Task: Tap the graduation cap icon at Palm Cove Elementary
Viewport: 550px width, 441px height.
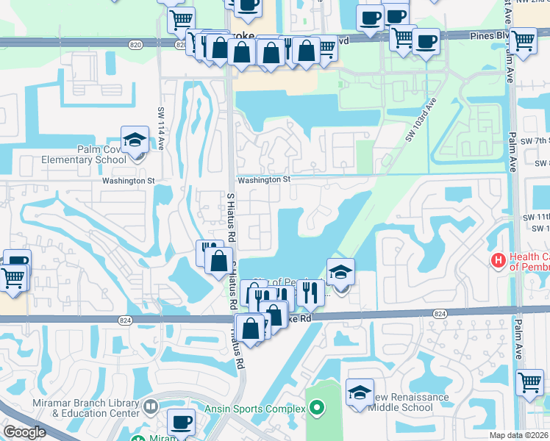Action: click(x=135, y=140)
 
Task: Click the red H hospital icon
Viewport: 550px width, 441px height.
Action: click(x=498, y=260)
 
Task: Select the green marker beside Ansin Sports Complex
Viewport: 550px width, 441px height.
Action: click(x=317, y=407)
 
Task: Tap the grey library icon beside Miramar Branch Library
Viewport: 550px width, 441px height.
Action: click(x=151, y=406)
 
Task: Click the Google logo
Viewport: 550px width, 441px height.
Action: click(x=25, y=432)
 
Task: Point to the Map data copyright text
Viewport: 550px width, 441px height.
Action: click(x=519, y=435)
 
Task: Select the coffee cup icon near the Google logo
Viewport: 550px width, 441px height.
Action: click(x=181, y=422)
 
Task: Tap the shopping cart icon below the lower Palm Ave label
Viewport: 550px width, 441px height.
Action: click(x=529, y=381)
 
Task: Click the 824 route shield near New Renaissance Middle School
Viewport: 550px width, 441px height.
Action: click(x=440, y=314)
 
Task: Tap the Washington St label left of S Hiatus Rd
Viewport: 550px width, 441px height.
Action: click(x=129, y=180)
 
